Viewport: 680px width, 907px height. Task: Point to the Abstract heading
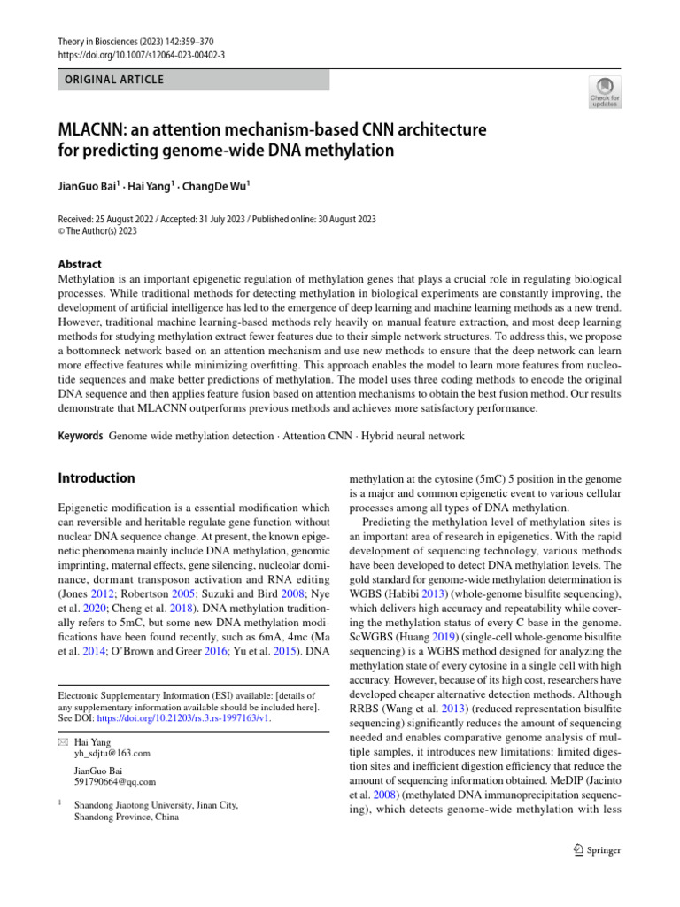point(80,264)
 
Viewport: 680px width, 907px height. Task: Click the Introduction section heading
point(97,478)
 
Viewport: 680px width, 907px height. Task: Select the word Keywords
point(80,436)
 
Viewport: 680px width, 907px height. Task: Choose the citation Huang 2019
point(428,635)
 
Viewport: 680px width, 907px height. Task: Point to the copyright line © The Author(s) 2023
point(97,231)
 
